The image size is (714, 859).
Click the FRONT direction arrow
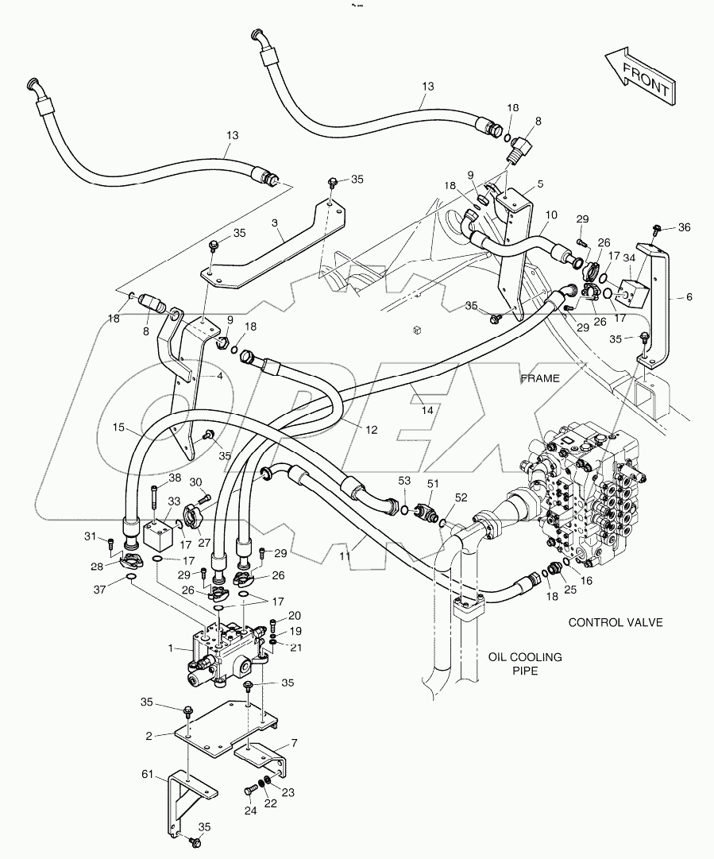coord(640,76)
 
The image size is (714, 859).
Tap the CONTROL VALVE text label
coord(615,622)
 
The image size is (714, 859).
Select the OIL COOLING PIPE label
coord(525,664)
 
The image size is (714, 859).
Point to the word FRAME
coord(540,378)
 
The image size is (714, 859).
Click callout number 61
coord(149,773)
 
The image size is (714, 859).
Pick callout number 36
coord(684,227)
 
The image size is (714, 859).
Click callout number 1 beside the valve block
coord(170,648)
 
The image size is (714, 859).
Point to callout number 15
coord(118,428)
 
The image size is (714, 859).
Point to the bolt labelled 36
coord(657,230)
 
